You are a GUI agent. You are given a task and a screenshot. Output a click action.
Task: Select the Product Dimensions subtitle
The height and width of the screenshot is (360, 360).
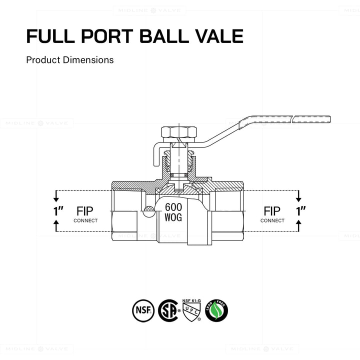pyautogui.click(x=70, y=60)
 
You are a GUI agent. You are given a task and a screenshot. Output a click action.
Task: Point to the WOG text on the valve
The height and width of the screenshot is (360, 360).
pyautogui.click(x=173, y=218)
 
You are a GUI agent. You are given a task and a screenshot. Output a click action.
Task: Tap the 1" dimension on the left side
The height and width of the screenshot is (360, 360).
pyautogui.click(x=58, y=211)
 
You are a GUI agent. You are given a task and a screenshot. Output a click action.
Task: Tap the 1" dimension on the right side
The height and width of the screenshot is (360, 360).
pyautogui.click(x=300, y=211)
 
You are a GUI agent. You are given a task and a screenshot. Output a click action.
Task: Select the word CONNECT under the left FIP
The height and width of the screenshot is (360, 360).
pyautogui.click(x=85, y=220)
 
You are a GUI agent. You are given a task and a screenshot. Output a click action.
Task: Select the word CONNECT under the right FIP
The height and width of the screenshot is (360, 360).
pyautogui.click(x=272, y=220)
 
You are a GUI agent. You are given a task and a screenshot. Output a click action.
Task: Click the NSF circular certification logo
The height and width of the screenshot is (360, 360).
pyautogui.click(x=141, y=310)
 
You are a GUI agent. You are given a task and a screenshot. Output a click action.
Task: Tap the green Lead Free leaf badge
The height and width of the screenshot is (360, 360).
pyautogui.click(x=216, y=310)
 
